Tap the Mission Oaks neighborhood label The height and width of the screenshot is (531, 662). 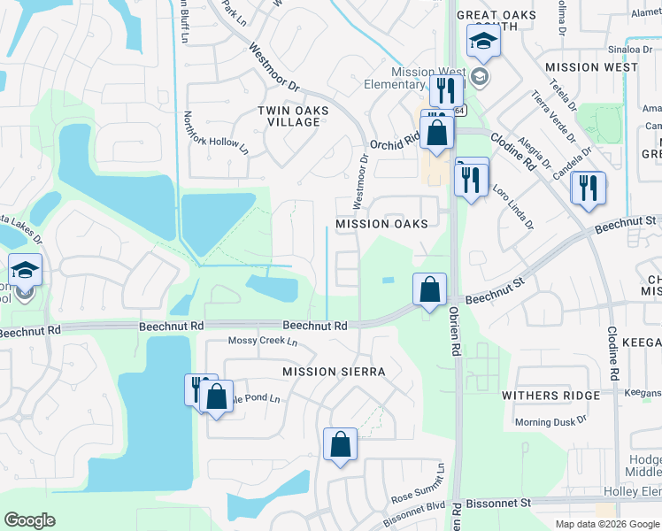[x=381, y=224]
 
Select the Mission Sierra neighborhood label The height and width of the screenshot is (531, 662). [x=334, y=372]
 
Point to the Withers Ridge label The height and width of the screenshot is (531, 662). [x=550, y=396]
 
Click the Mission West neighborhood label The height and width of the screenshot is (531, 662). [x=591, y=67]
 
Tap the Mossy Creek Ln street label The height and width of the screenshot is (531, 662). [x=263, y=342]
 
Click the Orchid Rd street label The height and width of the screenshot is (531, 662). [x=394, y=142]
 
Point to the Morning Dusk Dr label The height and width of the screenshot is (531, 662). [x=550, y=422]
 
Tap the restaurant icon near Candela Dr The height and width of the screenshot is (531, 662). [x=587, y=189]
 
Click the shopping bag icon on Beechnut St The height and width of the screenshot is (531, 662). [x=429, y=289]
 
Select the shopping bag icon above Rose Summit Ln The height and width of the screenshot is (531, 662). [x=340, y=444]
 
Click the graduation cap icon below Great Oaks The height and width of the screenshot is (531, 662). [x=483, y=40]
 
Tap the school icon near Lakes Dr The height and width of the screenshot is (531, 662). [x=26, y=269]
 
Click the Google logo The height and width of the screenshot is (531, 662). [x=29, y=520]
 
